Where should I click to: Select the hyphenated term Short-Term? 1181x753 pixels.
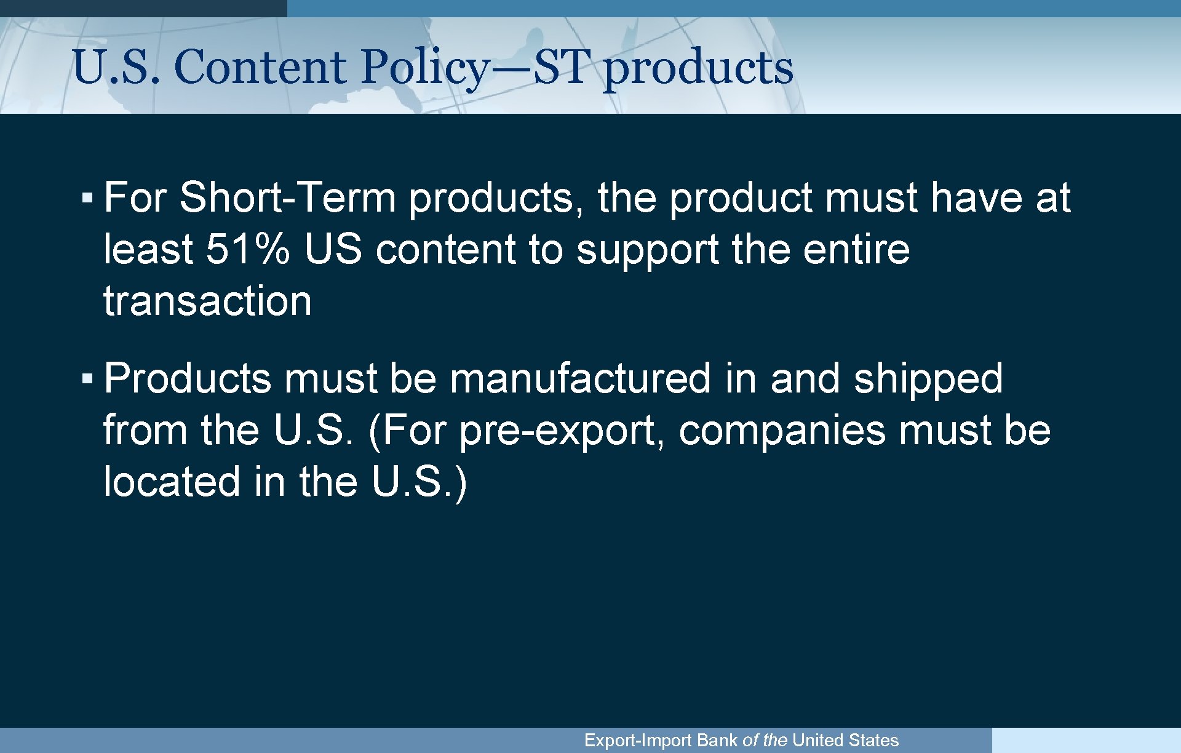click(x=287, y=197)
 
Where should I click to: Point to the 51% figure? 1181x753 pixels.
click(x=247, y=249)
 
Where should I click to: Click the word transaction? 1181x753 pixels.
click(x=207, y=301)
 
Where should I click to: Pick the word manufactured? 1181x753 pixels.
click(x=579, y=378)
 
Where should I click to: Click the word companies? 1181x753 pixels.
click(x=782, y=431)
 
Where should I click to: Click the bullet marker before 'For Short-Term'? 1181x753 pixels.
click(x=87, y=198)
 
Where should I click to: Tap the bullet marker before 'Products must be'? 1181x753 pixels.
click(x=87, y=378)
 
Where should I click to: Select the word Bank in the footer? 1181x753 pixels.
click(x=717, y=740)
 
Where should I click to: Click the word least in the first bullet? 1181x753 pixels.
click(x=148, y=249)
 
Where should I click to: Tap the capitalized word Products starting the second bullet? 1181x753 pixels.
click(x=187, y=378)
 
